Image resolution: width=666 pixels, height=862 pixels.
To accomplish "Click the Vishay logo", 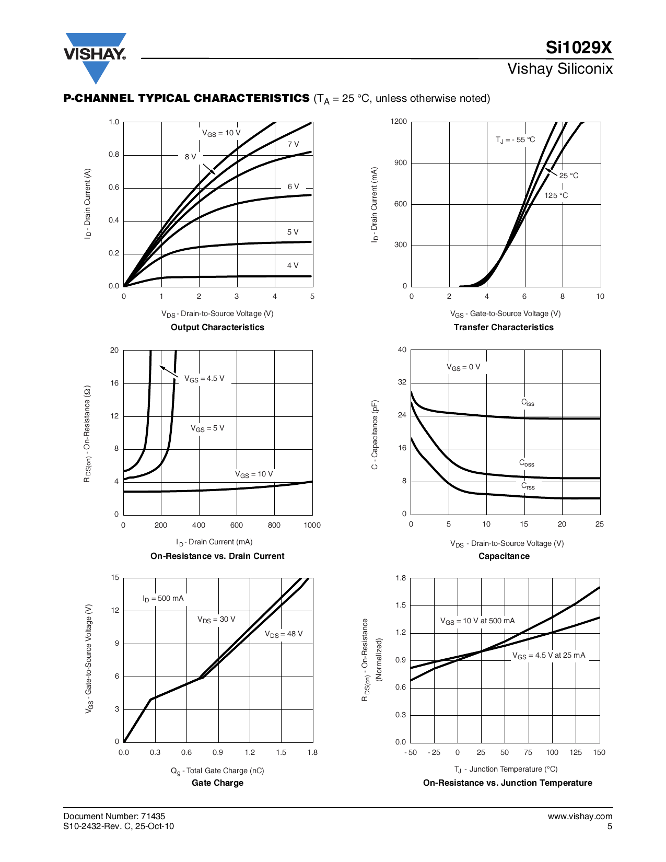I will point(95,54).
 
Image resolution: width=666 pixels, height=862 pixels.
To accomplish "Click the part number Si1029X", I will point(578,48).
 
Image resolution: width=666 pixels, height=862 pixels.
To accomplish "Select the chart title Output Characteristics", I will point(217,327).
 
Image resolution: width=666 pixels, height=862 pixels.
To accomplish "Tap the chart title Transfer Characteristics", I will point(504,327).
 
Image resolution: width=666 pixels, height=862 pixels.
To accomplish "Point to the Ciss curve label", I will point(528,402).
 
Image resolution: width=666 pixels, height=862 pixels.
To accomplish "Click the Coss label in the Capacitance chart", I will point(527,463).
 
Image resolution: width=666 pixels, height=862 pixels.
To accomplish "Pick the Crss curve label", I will point(528,486).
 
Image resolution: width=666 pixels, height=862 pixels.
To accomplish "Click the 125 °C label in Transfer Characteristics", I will point(556,195).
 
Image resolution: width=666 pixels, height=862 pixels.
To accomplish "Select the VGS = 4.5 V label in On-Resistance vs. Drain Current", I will point(204,379).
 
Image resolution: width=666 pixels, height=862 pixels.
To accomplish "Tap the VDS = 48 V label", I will point(284,634).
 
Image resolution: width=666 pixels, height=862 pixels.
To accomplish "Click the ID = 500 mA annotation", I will point(163,599).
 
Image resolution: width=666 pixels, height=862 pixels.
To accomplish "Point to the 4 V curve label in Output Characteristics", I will point(293,265).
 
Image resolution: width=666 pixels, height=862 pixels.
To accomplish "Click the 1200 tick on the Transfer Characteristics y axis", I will point(399,122).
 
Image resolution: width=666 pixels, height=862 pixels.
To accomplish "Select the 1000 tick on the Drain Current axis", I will point(312,525).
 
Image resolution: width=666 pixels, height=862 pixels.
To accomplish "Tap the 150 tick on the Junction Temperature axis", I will point(599,752).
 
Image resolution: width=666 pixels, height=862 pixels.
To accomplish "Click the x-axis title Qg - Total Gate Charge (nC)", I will point(217,771).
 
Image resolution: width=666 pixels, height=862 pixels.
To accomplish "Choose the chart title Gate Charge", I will point(217,783).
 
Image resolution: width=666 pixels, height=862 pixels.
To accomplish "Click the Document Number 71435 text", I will point(114,816).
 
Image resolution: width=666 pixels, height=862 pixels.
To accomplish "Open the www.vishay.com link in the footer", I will point(580,816).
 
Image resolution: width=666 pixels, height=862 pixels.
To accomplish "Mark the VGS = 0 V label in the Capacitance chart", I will point(463,367).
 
